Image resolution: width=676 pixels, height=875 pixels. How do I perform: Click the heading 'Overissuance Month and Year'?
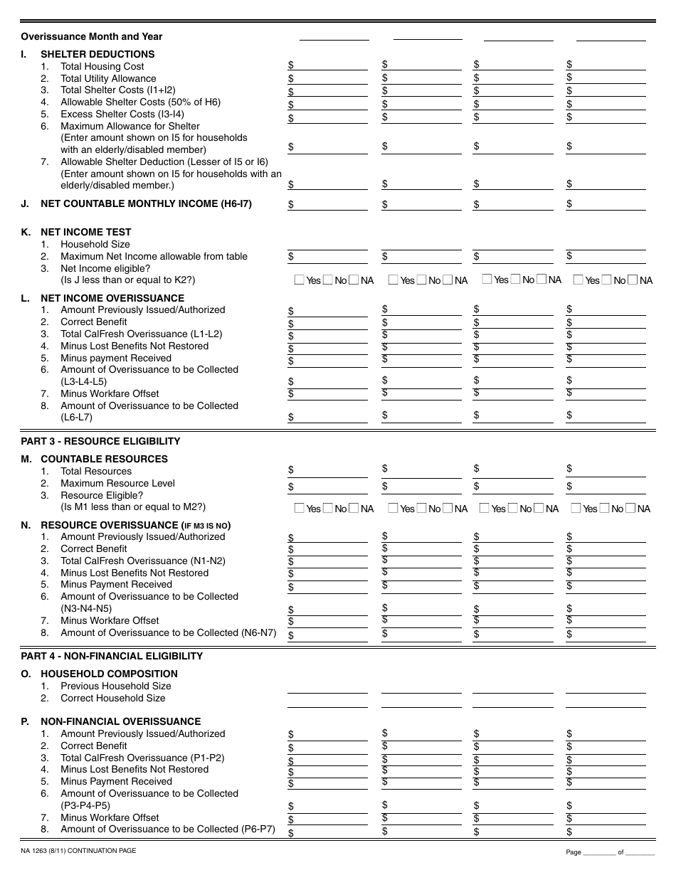point(91,37)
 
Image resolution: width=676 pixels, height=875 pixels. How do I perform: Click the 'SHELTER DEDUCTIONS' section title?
point(97,54)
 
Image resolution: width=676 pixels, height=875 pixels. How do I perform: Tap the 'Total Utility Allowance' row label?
point(108,78)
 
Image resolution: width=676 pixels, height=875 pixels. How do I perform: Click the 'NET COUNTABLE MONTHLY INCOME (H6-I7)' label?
point(146,203)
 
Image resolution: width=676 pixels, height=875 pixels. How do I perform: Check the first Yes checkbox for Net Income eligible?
point(300,280)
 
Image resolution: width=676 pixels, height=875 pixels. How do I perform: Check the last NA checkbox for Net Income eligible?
point(633,280)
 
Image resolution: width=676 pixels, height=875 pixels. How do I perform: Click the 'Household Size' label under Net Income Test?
point(95,244)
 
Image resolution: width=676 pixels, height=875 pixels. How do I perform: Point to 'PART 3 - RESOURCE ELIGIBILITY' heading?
point(100,441)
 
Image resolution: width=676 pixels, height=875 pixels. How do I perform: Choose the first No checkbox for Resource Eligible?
point(328,509)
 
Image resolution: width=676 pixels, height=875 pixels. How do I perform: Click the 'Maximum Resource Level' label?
point(117,483)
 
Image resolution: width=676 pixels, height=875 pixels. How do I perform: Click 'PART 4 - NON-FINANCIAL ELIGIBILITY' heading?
point(112,656)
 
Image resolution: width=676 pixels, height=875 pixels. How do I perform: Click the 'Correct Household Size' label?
point(112,698)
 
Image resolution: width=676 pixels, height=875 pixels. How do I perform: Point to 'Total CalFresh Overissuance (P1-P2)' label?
point(142,758)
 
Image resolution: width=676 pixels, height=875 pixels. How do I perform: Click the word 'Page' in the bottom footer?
point(574,852)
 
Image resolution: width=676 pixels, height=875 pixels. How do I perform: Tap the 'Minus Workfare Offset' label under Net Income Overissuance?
point(110,393)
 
